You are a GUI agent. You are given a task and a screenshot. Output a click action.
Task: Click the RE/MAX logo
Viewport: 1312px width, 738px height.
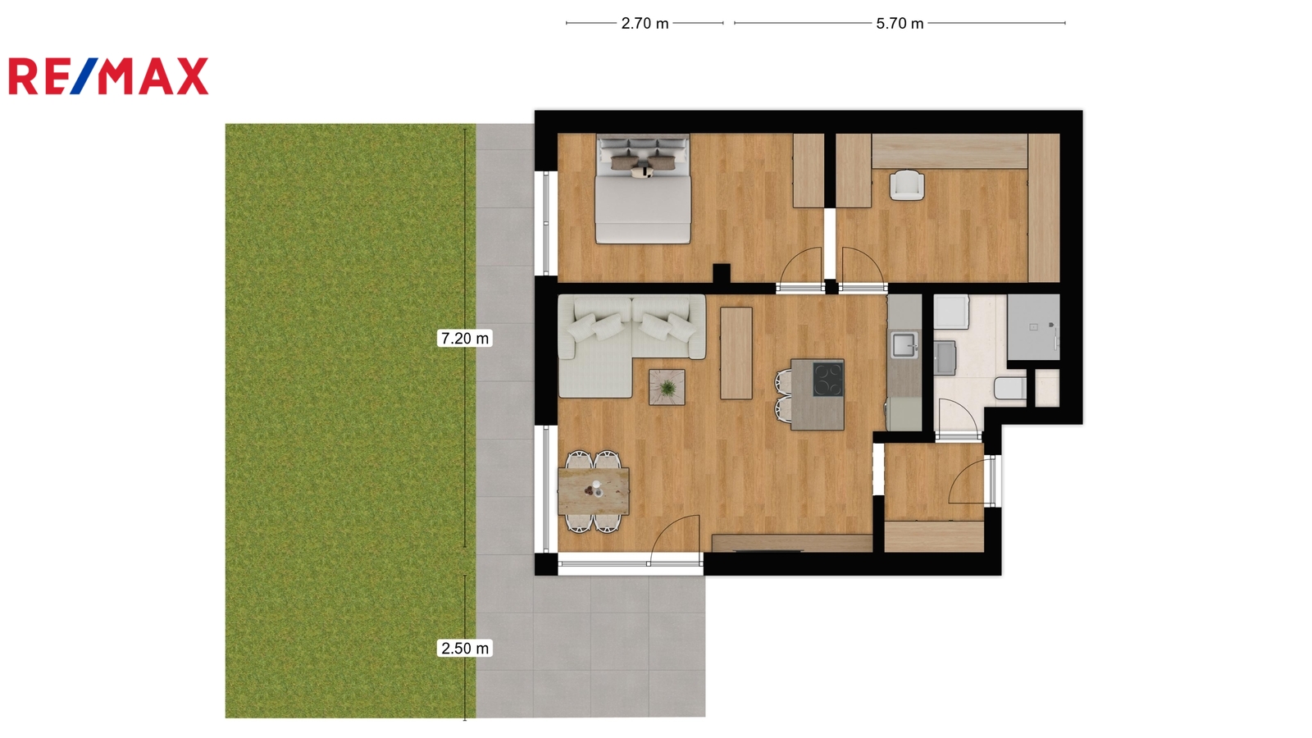(108, 76)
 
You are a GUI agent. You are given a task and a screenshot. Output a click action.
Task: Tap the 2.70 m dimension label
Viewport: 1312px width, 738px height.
(645, 24)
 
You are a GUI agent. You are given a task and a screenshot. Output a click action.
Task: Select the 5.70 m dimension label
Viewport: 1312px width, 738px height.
(900, 24)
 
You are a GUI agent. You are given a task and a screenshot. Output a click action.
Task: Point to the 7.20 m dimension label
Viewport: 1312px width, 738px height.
(464, 339)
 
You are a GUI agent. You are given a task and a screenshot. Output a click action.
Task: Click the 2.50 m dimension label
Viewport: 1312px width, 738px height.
(464, 649)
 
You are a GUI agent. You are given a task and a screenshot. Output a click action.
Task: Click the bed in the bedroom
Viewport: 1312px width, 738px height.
(643, 189)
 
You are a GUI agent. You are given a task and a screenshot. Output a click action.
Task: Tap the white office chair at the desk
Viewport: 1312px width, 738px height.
(907, 184)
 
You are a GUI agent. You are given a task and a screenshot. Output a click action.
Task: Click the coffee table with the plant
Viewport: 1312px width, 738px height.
(667, 387)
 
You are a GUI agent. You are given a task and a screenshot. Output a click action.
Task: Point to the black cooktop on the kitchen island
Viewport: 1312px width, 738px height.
(828, 379)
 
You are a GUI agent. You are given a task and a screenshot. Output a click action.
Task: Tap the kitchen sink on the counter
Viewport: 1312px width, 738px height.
(905, 344)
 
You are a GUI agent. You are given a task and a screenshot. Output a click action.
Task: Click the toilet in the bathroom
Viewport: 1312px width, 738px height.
(1009, 389)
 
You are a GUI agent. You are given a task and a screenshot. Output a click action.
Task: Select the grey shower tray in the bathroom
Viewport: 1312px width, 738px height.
(1033, 327)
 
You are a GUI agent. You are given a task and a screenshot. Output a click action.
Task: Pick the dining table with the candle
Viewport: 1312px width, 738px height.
(594, 491)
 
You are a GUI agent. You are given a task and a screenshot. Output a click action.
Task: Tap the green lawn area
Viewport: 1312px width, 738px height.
(350, 421)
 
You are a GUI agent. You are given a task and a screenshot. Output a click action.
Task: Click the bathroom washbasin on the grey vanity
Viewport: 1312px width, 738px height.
(945, 358)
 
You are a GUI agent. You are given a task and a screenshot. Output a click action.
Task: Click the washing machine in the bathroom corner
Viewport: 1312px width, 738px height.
(951, 312)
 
